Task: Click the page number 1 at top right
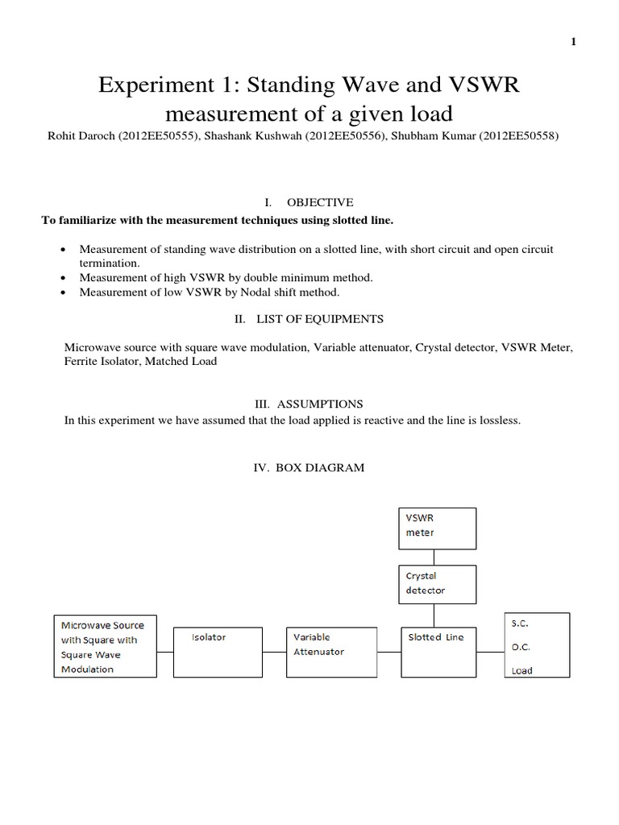click(x=573, y=43)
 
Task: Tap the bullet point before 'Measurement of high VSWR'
click(x=64, y=278)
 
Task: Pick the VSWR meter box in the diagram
click(x=438, y=528)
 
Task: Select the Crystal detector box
click(x=438, y=584)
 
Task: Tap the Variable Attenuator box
click(x=333, y=651)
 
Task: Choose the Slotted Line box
click(x=438, y=651)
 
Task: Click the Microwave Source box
click(x=106, y=646)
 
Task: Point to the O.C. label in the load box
click(x=521, y=647)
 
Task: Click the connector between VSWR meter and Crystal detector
click(x=435, y=557)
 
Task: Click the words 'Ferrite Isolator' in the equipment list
click(x=100, y=362)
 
